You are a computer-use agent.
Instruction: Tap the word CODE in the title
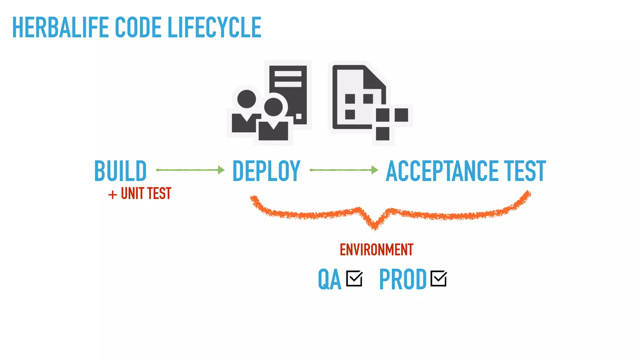click(x=138, y=27)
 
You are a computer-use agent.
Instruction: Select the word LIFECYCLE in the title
click(x=214, y=27)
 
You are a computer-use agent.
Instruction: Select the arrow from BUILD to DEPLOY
click(x=190, y=170)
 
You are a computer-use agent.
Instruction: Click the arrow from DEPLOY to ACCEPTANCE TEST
click(x=344, y=170)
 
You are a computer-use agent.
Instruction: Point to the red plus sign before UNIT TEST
click(x=112, y=195)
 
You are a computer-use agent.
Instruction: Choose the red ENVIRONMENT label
click(x=377, y=250)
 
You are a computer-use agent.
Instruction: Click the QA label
click(x=329, y=279)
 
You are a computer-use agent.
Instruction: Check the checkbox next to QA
click(x=354, y=278)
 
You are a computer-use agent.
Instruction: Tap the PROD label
click(x=402, y=279)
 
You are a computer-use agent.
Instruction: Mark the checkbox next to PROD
click(x=438, y=278)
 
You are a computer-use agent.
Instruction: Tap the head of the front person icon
click(x=273, y=107)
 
